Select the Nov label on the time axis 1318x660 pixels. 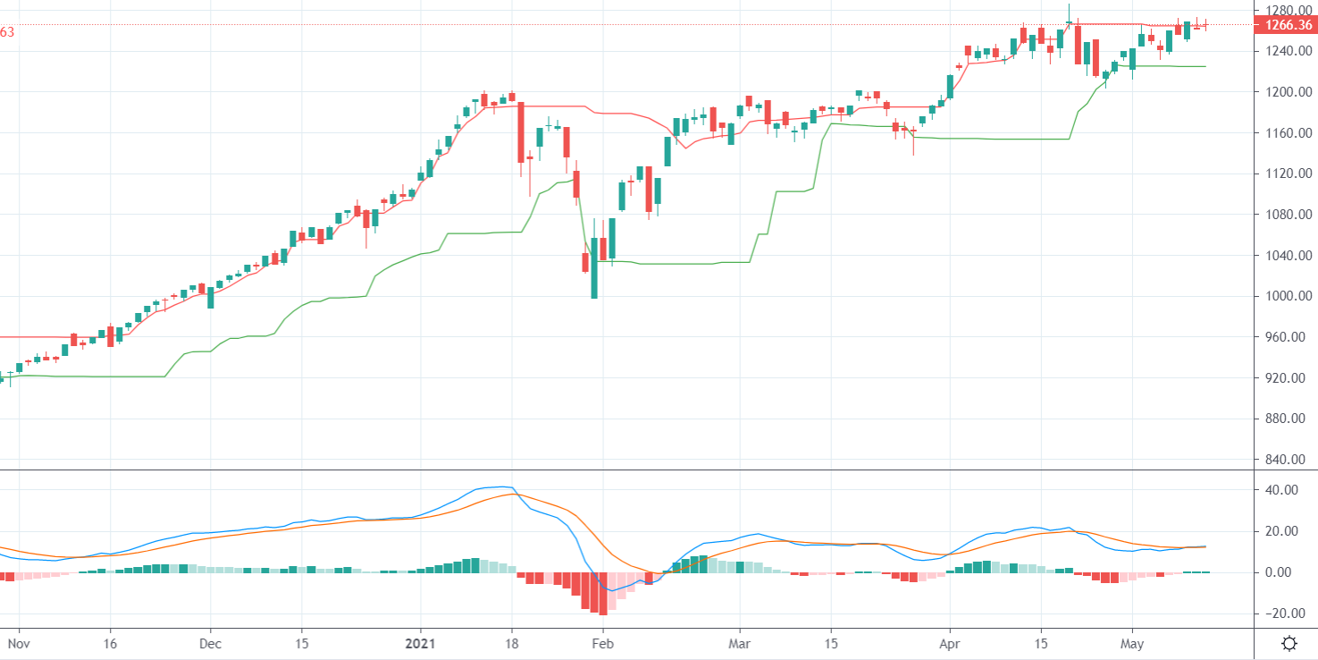point(19,643)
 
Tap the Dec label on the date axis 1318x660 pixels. point(211,643)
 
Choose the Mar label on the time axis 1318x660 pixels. point(739,643)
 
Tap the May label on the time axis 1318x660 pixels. point(1132,643)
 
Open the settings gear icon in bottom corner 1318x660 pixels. point(1289,643)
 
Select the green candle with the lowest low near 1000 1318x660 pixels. point(594,268)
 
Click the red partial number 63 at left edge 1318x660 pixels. point(7,32)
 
